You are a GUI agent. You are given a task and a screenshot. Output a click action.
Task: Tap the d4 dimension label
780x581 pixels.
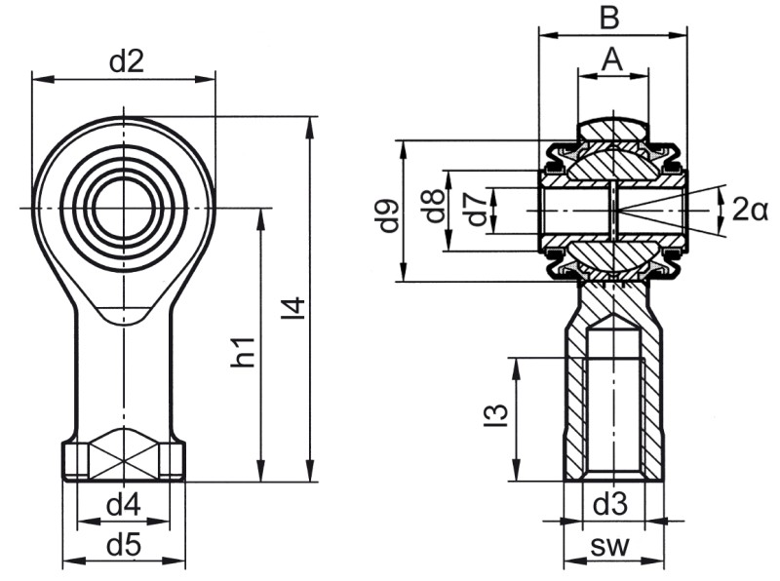(x=124, y=506)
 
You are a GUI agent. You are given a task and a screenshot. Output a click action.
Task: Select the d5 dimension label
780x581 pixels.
(x=123, y=546)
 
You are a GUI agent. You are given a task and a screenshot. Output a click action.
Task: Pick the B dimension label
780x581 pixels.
(x=609, y=19)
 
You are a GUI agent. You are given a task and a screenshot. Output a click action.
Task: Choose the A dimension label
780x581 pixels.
(x=610, y=59)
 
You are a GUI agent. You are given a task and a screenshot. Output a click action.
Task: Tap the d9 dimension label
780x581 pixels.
(x=389, y=215)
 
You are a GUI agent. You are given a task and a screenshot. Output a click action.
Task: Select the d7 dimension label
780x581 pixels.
(x=475, y=211)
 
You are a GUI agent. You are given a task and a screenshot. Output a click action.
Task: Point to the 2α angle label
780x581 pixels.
(x=750, y=209)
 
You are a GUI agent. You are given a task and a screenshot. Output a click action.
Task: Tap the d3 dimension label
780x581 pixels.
(x=610, y=505)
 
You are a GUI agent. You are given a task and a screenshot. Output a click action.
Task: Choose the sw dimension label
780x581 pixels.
(x=610, y=548)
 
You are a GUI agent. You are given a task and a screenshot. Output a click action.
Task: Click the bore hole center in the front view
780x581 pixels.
(x=123, y=209)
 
